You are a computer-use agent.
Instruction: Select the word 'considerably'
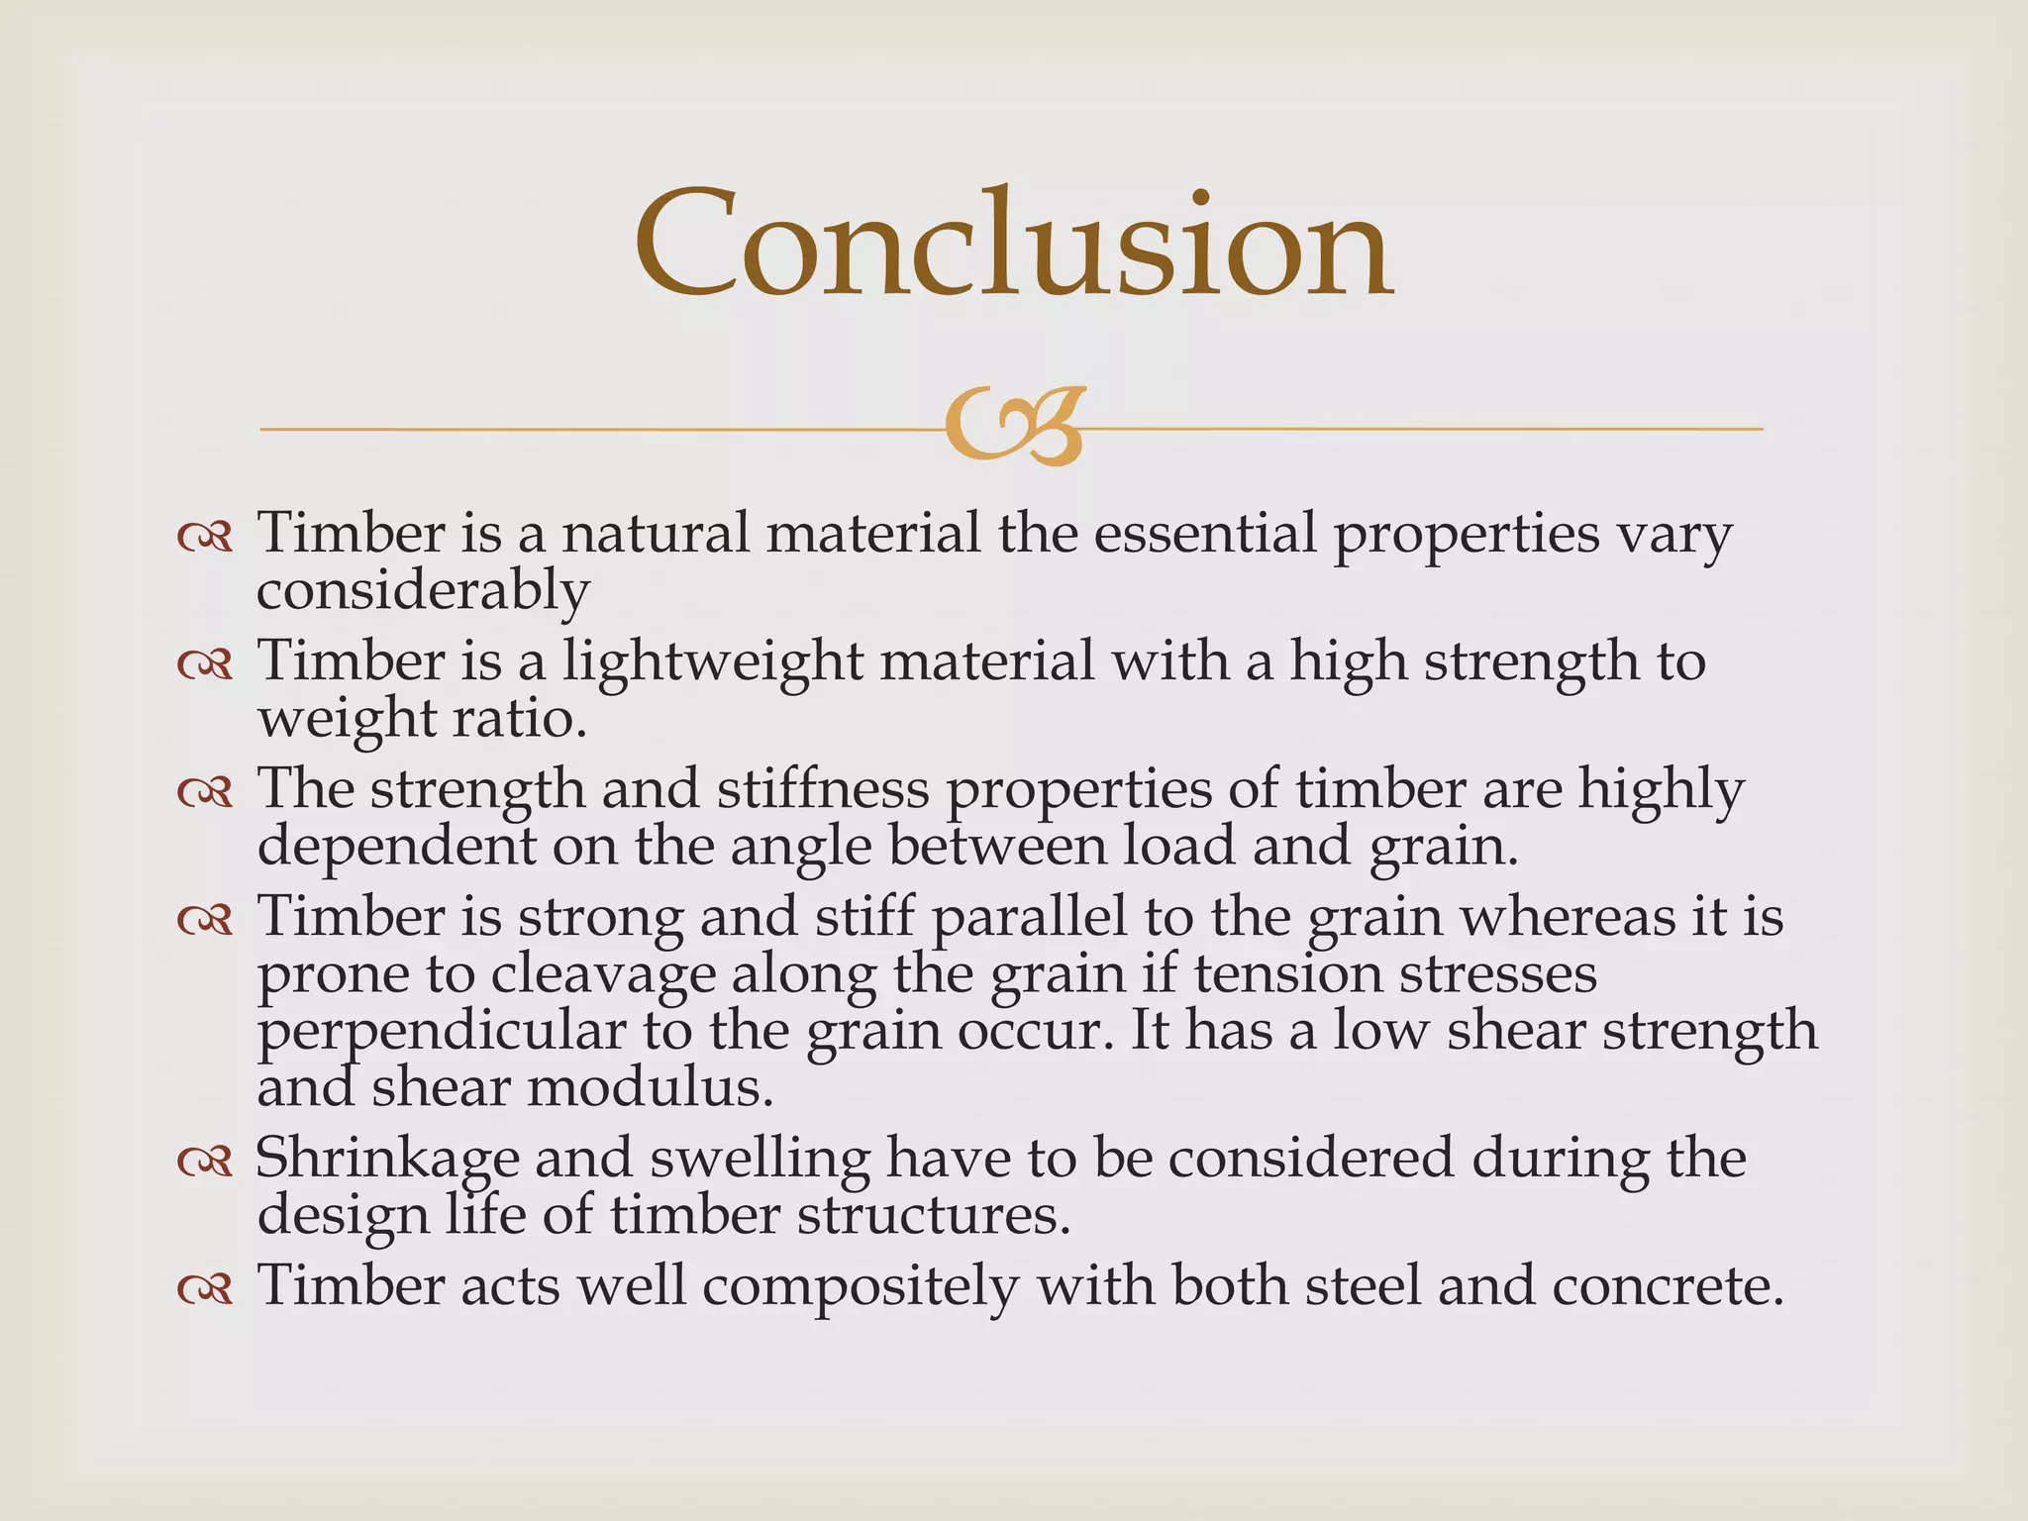(423, 591)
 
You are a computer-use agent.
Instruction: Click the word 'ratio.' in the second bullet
(520, 718)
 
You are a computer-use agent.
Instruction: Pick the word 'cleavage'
(603, 974)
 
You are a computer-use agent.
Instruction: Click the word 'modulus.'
(650, 1087)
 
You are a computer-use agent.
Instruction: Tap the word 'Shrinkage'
(387, 1159)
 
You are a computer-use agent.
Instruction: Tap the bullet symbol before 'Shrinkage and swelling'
(205, 1162)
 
